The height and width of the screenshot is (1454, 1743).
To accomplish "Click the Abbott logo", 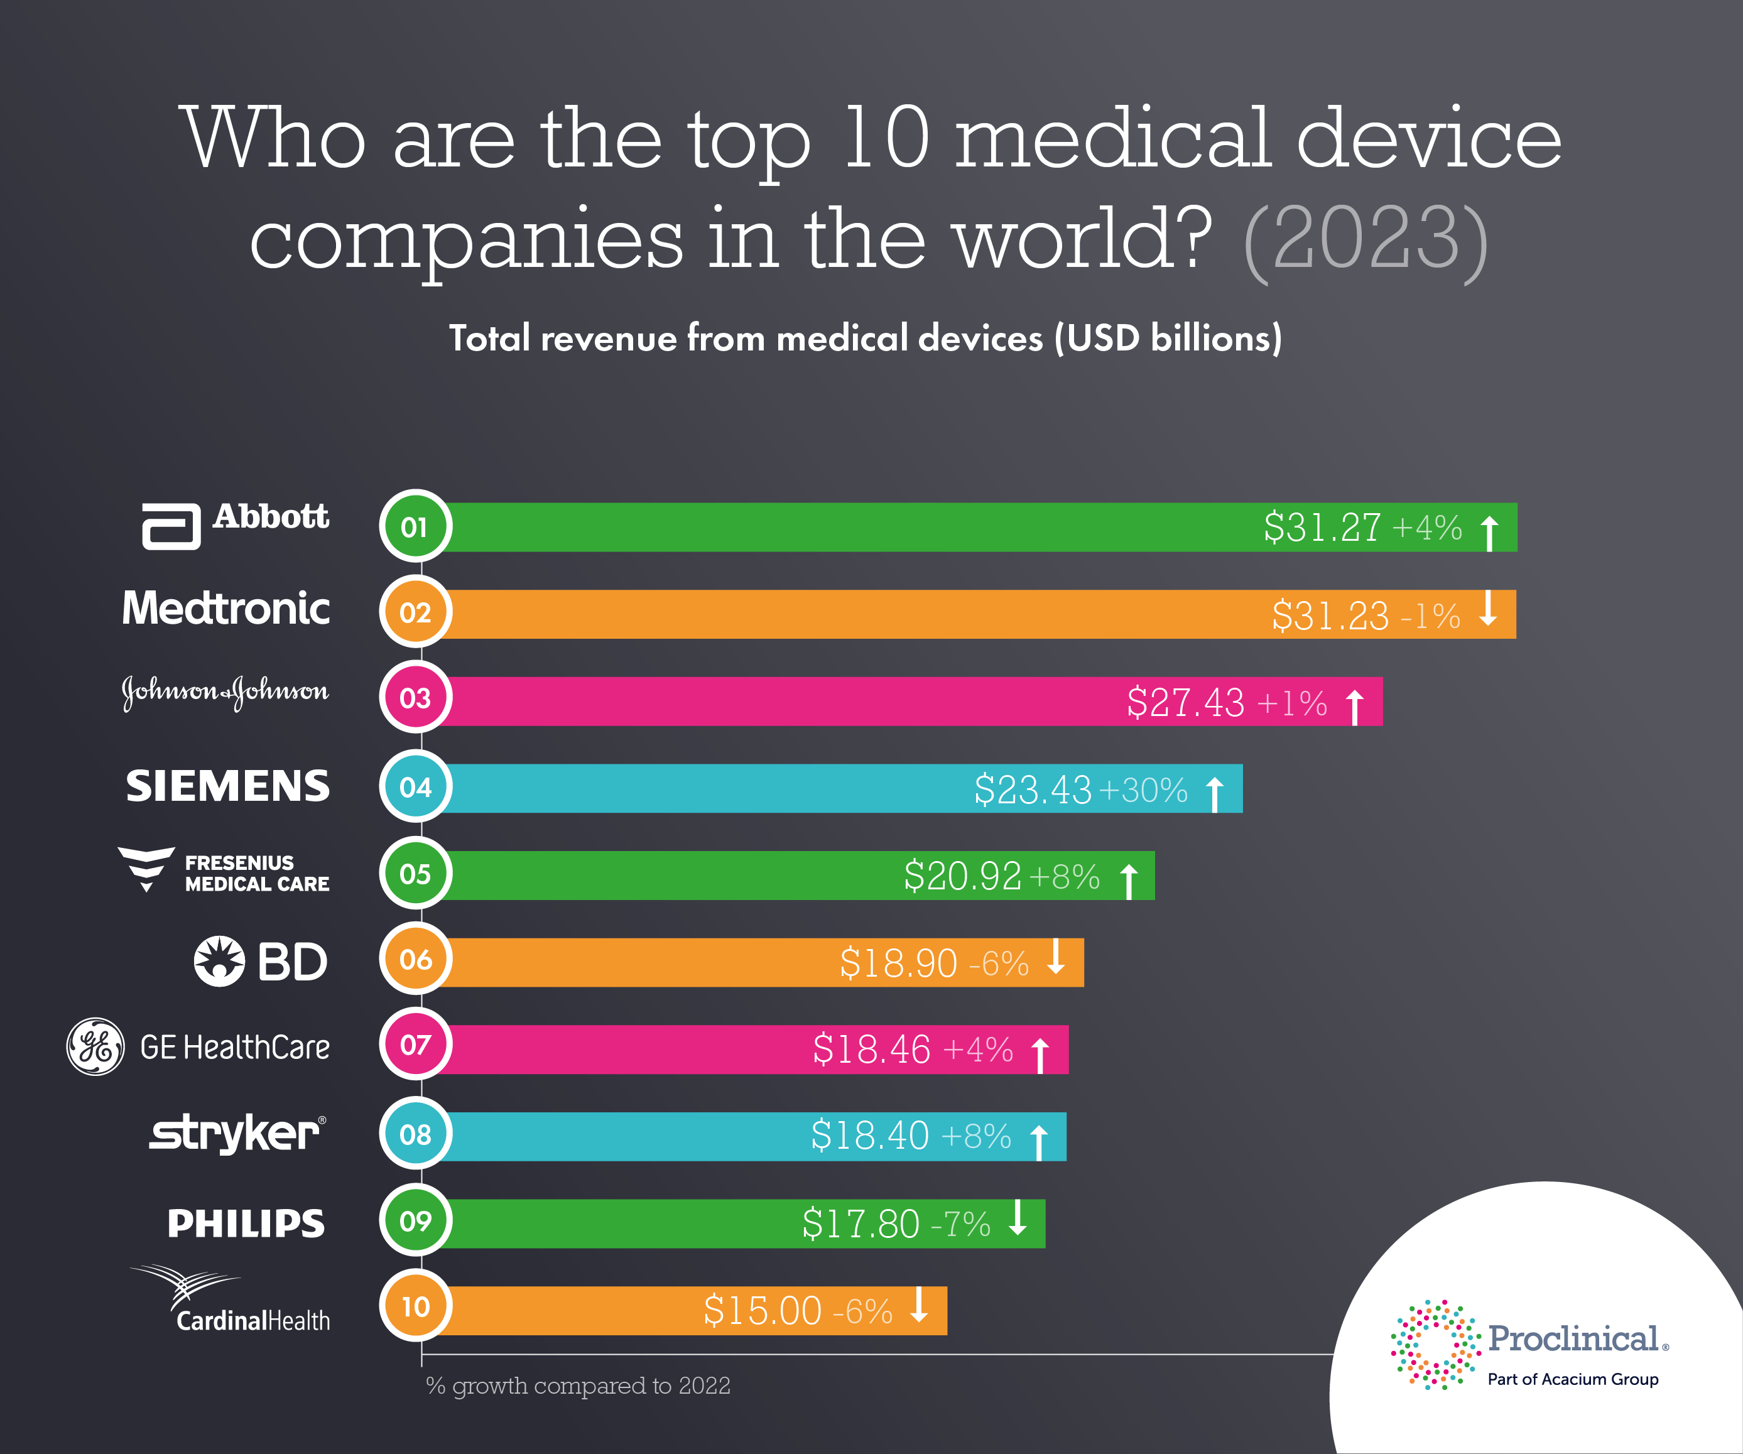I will [236, 524].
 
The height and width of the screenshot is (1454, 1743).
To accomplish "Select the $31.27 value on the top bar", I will [1322, 528].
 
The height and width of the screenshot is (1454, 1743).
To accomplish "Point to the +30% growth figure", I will [1143, 790].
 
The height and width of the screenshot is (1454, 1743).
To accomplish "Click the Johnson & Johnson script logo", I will [225, 692].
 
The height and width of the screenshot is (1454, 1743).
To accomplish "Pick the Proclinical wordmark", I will [1573, 1338].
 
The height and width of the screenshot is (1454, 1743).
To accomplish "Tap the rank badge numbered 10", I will [415, 1306].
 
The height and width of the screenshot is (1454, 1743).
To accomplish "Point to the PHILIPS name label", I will [246, 1223].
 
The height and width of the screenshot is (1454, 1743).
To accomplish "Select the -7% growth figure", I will [960, 1224].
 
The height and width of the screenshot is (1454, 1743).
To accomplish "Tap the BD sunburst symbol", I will [219, 961].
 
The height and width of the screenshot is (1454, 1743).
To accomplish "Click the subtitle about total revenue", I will [865, 339].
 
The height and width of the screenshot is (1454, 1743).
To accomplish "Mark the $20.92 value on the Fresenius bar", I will [962, 876].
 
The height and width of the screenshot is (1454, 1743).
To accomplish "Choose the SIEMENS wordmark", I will [227, 786].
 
